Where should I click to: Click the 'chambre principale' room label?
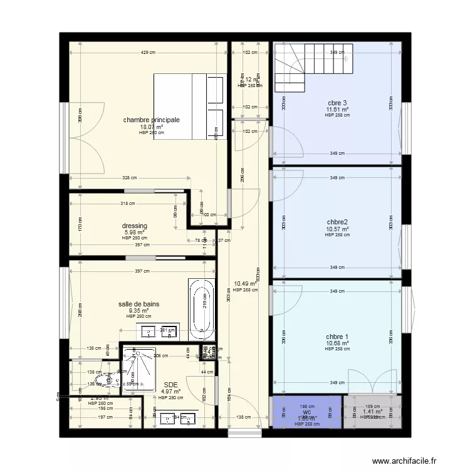coord(151,120)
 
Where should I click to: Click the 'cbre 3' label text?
coord(337,103)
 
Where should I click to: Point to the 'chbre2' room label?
coord(337,222)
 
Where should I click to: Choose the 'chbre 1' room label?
coord(337,337)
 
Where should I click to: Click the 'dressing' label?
coord(135,226)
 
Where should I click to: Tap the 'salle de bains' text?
coord(138,304)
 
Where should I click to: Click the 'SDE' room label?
coord(170,385)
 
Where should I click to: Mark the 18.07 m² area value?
coord(151,127)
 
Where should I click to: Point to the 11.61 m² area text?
coord(337,110)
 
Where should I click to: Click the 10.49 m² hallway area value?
coord(245,284)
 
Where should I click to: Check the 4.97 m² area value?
coord(170,392)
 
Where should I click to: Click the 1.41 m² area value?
coord(372,412)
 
